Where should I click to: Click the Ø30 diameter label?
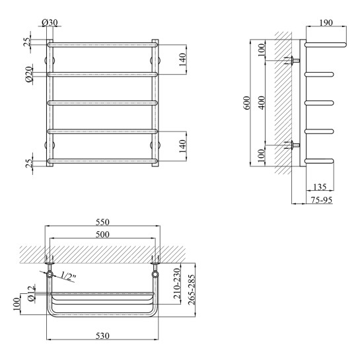[50, 22]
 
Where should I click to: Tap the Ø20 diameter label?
[28, 74]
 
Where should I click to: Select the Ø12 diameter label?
[31, 294]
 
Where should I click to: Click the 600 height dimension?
[247, 102]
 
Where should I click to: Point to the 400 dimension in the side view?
[262, 102]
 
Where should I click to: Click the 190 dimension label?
[326, 22]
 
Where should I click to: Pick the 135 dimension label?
[320, 187]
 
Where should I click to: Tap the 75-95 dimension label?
[322, 200]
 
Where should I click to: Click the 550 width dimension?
[102, 222]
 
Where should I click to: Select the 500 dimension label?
[102, 234]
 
